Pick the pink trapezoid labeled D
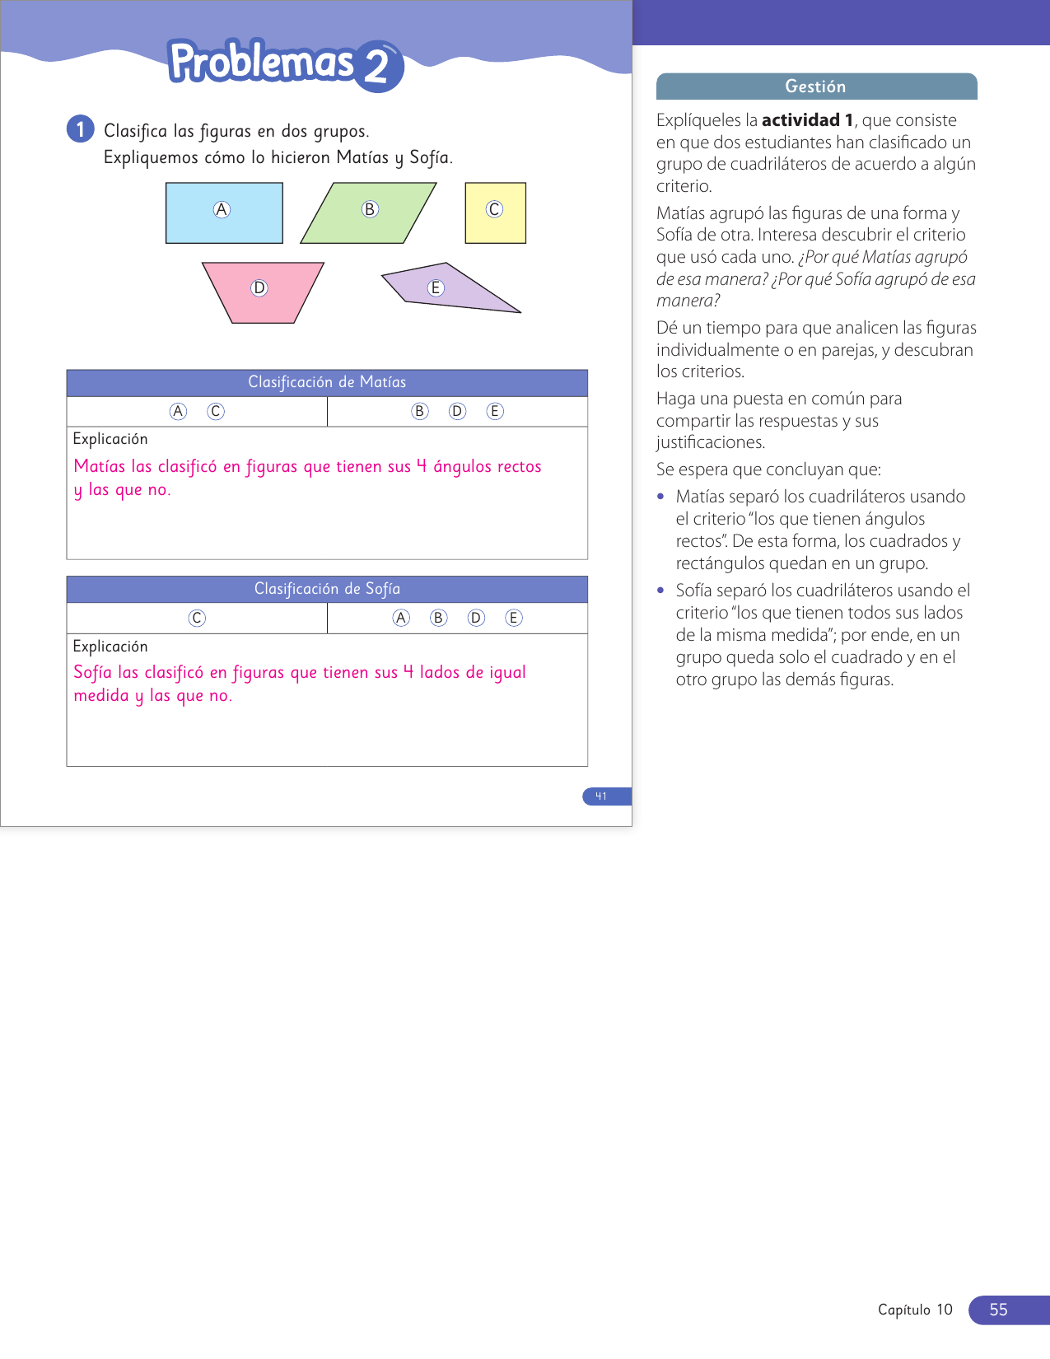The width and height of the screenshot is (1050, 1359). [x=263, y=292]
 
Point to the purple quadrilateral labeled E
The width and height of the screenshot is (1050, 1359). [x=449, y=289]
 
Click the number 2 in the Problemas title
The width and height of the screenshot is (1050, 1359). [x=377, y=67]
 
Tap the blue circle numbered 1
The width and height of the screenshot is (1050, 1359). [x=80, y=129]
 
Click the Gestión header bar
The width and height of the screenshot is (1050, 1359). [x=816, y=86]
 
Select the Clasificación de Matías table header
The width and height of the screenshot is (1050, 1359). [x=327, y=383]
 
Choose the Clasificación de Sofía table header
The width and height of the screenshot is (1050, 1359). [x=327, y=590]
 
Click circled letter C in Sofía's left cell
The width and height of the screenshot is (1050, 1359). [x=197, y=619]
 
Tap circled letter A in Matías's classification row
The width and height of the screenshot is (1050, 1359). [x=178, y=412]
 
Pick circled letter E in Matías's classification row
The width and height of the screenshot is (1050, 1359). [x=495, y=412]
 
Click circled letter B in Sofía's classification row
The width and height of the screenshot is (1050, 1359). [x=439, y=619]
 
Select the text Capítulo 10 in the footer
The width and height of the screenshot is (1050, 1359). [x=915, y=1310]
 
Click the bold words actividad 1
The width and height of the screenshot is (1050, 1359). [x=807, y=120]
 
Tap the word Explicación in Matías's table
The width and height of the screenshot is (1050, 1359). [x=110, y=440]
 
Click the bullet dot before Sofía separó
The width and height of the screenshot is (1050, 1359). [x=660, y=591]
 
